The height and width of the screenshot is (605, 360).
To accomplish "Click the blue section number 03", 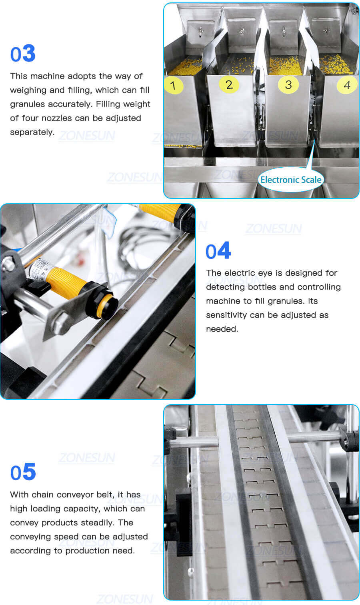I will (23, 54).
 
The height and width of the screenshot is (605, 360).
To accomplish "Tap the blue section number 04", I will (218, 251).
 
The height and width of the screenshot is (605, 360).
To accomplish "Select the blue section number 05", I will (23, 472).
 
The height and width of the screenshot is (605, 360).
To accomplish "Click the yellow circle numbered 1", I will (173, 85).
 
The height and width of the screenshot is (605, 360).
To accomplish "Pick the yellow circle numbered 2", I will (229, 84).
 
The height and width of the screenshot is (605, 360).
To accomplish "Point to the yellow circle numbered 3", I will (288, 84).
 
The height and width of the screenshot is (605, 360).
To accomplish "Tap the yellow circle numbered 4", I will (346, 85).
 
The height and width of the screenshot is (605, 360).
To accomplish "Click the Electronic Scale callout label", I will (290, 180).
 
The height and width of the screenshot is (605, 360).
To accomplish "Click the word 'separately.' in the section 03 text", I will (32, 132).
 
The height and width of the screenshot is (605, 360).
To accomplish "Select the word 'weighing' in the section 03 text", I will (28, 90).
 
